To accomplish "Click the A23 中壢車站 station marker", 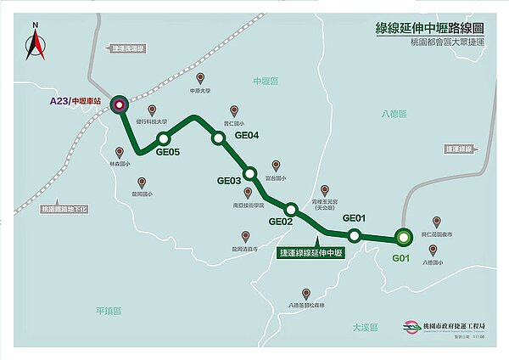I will [119, 104].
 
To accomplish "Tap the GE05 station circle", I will [164, 139].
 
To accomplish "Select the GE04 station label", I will [246, 136].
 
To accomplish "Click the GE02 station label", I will [280, 222].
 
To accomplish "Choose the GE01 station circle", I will [355, 234].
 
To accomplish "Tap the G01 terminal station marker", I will [401, 238].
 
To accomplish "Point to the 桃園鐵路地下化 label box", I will [64, 209].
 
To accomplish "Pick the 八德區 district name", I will [394, 113].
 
